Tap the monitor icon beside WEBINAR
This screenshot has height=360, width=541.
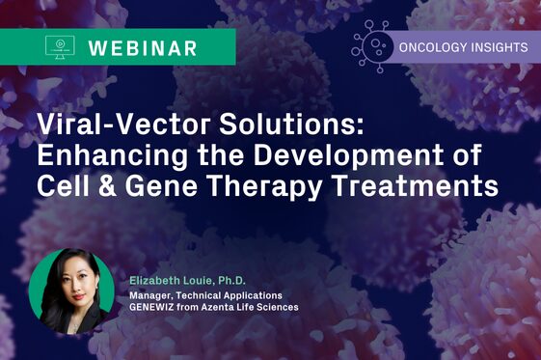pyautogui.click(x=61, y=46)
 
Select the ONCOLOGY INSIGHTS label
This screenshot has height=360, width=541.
pyautogui.click(x=462, y=45)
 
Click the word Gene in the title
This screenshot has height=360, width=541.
pyautogui.click(x=154, y=186)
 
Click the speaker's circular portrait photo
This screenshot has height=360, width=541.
pyautogui.click(x=72, y=291)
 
